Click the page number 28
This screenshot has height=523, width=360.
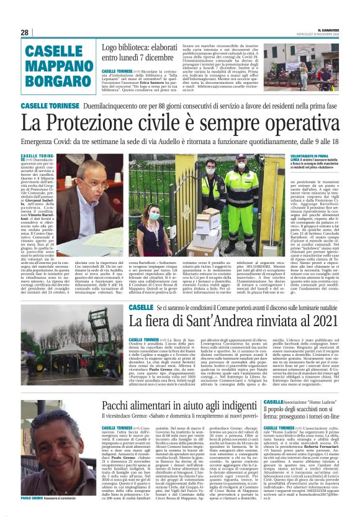[x=25, y=32]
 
